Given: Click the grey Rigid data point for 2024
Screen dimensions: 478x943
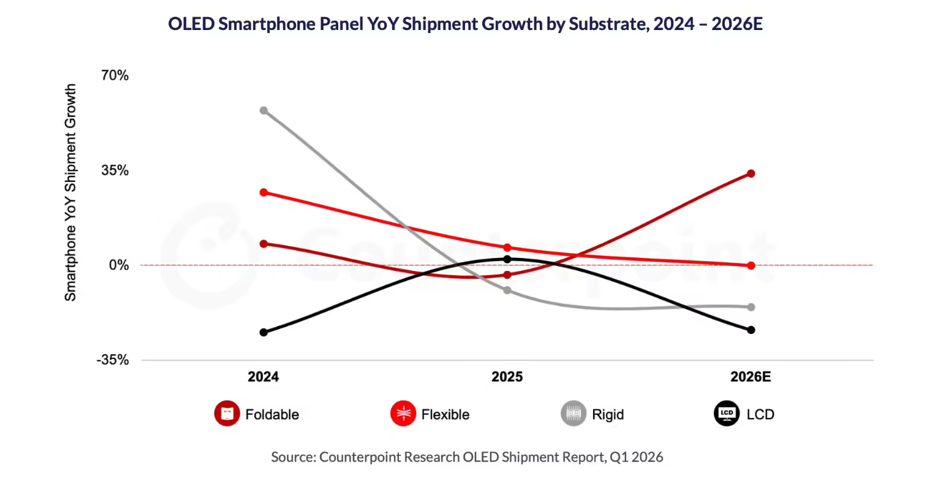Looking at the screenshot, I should pos(263,110).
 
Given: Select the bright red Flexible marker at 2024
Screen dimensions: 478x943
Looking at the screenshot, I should pos(263,192).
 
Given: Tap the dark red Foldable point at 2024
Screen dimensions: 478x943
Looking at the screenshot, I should pos(263,244).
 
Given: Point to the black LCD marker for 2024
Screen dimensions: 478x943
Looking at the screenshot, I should pos(263,332).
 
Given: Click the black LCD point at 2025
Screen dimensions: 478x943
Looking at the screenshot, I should pos(507,259).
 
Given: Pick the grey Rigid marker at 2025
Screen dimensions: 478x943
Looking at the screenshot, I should pos(507,290).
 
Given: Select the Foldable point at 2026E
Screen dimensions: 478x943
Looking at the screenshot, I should pos(751,173).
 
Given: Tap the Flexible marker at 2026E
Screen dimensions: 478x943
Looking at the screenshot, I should pos(751,265).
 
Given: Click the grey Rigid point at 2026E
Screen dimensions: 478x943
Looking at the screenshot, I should pos(751,307).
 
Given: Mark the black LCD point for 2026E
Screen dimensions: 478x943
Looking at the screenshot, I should pos(751,330).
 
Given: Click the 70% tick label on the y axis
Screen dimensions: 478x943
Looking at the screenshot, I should pos(115,76).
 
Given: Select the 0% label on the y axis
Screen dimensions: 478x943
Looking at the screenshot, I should pos(119,265).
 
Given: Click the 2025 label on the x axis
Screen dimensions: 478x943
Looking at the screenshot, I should pos(507,377).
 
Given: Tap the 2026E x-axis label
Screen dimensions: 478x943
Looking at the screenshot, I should pos(750,377).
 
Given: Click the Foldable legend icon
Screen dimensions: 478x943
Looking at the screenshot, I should pos(227,414).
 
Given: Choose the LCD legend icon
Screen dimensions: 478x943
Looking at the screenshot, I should pos(727,414).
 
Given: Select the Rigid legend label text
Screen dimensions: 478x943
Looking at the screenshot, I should pos(608,415).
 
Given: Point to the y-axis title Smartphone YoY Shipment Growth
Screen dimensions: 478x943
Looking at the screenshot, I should pos(71,192).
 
